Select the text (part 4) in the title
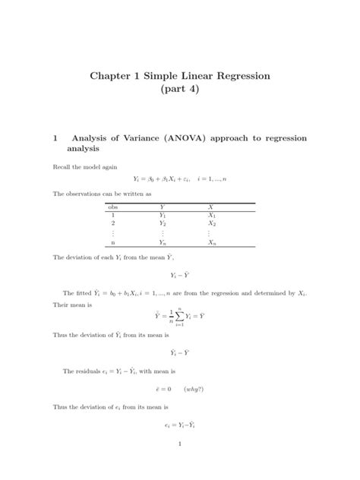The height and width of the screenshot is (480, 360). [x=180, y=92]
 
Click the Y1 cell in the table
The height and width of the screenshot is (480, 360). [x=163, y=215]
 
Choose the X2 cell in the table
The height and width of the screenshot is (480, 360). [x=212, y=224]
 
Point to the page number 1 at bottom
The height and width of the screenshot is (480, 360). [x=179, y=445]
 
